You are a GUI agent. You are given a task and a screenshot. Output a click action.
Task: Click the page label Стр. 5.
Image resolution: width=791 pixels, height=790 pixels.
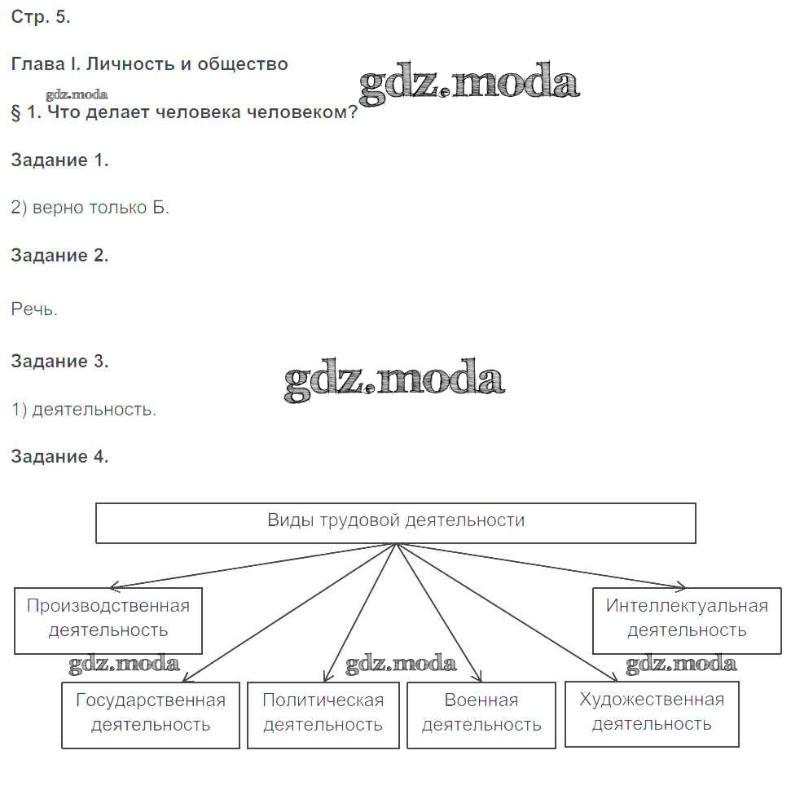click(41, 17)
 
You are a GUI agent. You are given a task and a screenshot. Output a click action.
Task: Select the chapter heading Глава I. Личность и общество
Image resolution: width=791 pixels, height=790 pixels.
click(149, 64)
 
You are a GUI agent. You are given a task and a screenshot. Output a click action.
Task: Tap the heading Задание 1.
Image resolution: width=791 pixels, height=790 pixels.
click(59, 160)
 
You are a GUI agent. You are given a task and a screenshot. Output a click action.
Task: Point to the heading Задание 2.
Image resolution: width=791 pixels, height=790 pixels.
click(59, 255)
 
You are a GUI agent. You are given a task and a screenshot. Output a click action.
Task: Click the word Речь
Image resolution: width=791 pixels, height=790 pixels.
click(34, 309)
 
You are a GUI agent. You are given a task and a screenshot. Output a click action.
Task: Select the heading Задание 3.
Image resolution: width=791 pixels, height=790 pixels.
click(59, 361)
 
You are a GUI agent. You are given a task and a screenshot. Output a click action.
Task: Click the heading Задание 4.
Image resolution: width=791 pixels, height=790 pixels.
click(59, 456)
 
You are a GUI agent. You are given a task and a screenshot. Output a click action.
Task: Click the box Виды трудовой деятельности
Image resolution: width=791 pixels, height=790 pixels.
click(396, 522)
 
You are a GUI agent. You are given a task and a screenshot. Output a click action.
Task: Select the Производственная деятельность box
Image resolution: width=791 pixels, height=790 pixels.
click(108, 619)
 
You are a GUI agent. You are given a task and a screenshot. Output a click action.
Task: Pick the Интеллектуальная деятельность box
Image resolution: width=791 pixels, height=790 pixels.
click(687, 619)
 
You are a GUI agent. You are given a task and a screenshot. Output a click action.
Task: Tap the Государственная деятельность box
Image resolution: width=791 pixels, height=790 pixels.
click(151, 713)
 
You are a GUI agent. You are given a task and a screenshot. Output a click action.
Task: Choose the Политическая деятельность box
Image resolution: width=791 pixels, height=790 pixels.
click(323, 713)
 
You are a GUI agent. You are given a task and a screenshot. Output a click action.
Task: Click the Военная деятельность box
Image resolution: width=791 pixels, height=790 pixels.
click(481, 713)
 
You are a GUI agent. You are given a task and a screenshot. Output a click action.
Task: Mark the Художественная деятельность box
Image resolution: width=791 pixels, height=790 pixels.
click(652, 712)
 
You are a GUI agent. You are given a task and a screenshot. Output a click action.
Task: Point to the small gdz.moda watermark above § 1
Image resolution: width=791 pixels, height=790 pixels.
click(77, 94)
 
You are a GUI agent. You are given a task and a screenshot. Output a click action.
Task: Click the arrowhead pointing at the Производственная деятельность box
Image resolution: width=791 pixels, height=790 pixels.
click(114, 586)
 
